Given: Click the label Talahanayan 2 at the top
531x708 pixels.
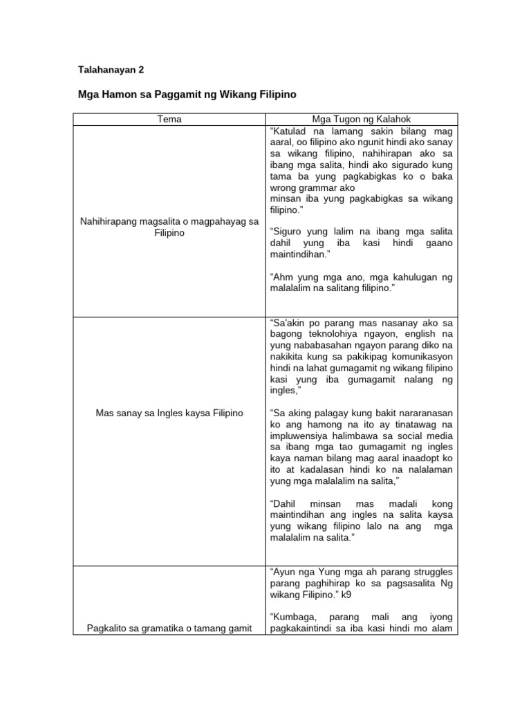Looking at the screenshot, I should tap(110, 70).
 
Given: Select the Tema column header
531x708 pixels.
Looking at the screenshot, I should tap(169, 119).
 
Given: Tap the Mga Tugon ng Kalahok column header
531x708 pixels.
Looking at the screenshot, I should tap(360, 119).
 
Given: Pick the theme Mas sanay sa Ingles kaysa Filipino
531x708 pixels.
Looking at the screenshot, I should tap(169, 413).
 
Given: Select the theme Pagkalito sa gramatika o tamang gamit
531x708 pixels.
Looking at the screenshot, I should tap(169, 628).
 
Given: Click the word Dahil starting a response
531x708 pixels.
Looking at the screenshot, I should tap(283, 503).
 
